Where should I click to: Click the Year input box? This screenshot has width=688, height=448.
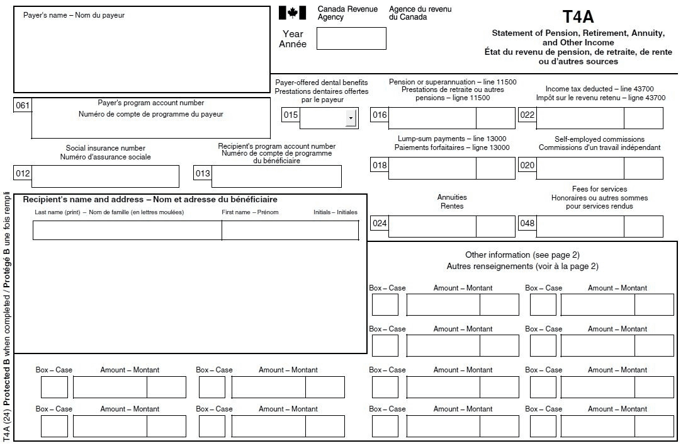351,38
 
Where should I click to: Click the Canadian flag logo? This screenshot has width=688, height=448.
292,13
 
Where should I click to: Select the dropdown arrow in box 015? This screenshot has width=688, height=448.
351,118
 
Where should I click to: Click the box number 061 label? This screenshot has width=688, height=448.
22,106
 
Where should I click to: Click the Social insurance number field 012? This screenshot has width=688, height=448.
105,176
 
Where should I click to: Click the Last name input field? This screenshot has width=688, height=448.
127,231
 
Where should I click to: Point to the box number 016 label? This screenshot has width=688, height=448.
380,115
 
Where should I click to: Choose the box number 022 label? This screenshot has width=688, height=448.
527,115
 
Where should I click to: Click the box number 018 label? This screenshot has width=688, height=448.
380,165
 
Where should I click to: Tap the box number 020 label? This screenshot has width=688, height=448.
527,165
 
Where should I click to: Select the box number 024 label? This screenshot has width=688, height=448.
380,223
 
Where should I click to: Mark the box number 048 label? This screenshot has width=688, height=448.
527,223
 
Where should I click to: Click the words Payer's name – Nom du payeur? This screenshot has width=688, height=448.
74,15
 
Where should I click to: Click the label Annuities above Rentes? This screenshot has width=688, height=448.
452,197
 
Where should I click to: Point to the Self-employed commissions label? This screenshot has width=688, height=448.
599,139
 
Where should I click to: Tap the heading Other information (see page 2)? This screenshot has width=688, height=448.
522,255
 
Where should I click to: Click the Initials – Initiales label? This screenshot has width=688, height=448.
336,212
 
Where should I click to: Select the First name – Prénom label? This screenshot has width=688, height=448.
250,212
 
